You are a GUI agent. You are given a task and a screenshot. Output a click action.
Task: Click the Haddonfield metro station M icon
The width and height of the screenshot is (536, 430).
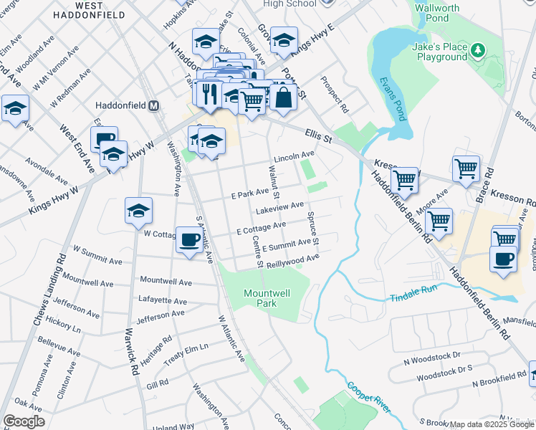click(x=153, y=105)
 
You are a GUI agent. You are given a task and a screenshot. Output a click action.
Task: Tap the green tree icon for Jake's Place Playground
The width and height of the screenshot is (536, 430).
click(x=477, y=50)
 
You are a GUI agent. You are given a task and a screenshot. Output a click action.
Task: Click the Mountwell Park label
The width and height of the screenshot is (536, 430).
click(x=269, y=298)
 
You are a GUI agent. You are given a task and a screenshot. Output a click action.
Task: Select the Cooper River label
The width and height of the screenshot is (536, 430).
click(x=368, y=398)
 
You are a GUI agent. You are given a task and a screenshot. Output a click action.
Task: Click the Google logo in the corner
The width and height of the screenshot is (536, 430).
click(x=24, y=421)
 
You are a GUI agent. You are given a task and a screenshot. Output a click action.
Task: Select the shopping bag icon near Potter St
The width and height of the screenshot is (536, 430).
click(x=283, y=97)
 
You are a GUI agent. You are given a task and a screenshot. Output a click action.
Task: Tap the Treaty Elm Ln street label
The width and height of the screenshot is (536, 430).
click(x=185, y=349)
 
